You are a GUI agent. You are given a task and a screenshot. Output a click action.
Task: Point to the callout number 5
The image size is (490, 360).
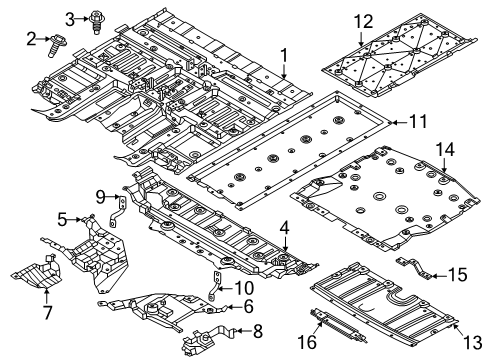coord(61,218)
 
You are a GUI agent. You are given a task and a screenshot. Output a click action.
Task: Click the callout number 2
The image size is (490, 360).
coord(32,39)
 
